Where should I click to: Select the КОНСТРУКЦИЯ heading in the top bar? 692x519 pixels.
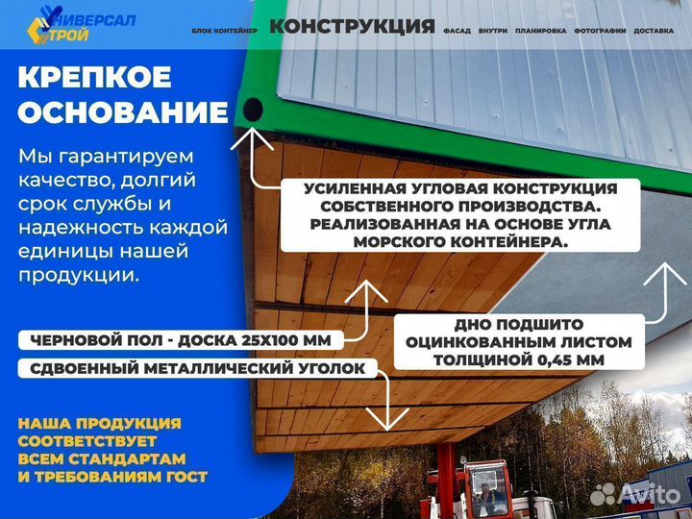coord(352,26)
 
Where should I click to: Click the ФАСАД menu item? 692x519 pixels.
coord(457,31)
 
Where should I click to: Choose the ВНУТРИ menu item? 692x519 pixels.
coord(492,31)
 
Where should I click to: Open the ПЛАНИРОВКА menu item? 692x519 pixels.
coord(540,31)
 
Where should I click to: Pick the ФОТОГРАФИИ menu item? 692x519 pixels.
coord(600,31)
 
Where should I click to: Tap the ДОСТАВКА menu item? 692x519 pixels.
coord(655,31)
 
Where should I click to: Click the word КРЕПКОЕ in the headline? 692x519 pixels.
coord(95,77)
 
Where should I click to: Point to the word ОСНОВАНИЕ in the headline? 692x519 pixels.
coord(123,112)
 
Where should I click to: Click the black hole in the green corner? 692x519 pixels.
coord(253,110)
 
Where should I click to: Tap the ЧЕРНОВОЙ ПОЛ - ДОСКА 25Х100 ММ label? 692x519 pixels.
coord(179,339)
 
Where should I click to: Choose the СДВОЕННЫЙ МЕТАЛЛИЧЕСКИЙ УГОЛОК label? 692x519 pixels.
coord(196,367)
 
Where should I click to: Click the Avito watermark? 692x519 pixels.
coord(635,494)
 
